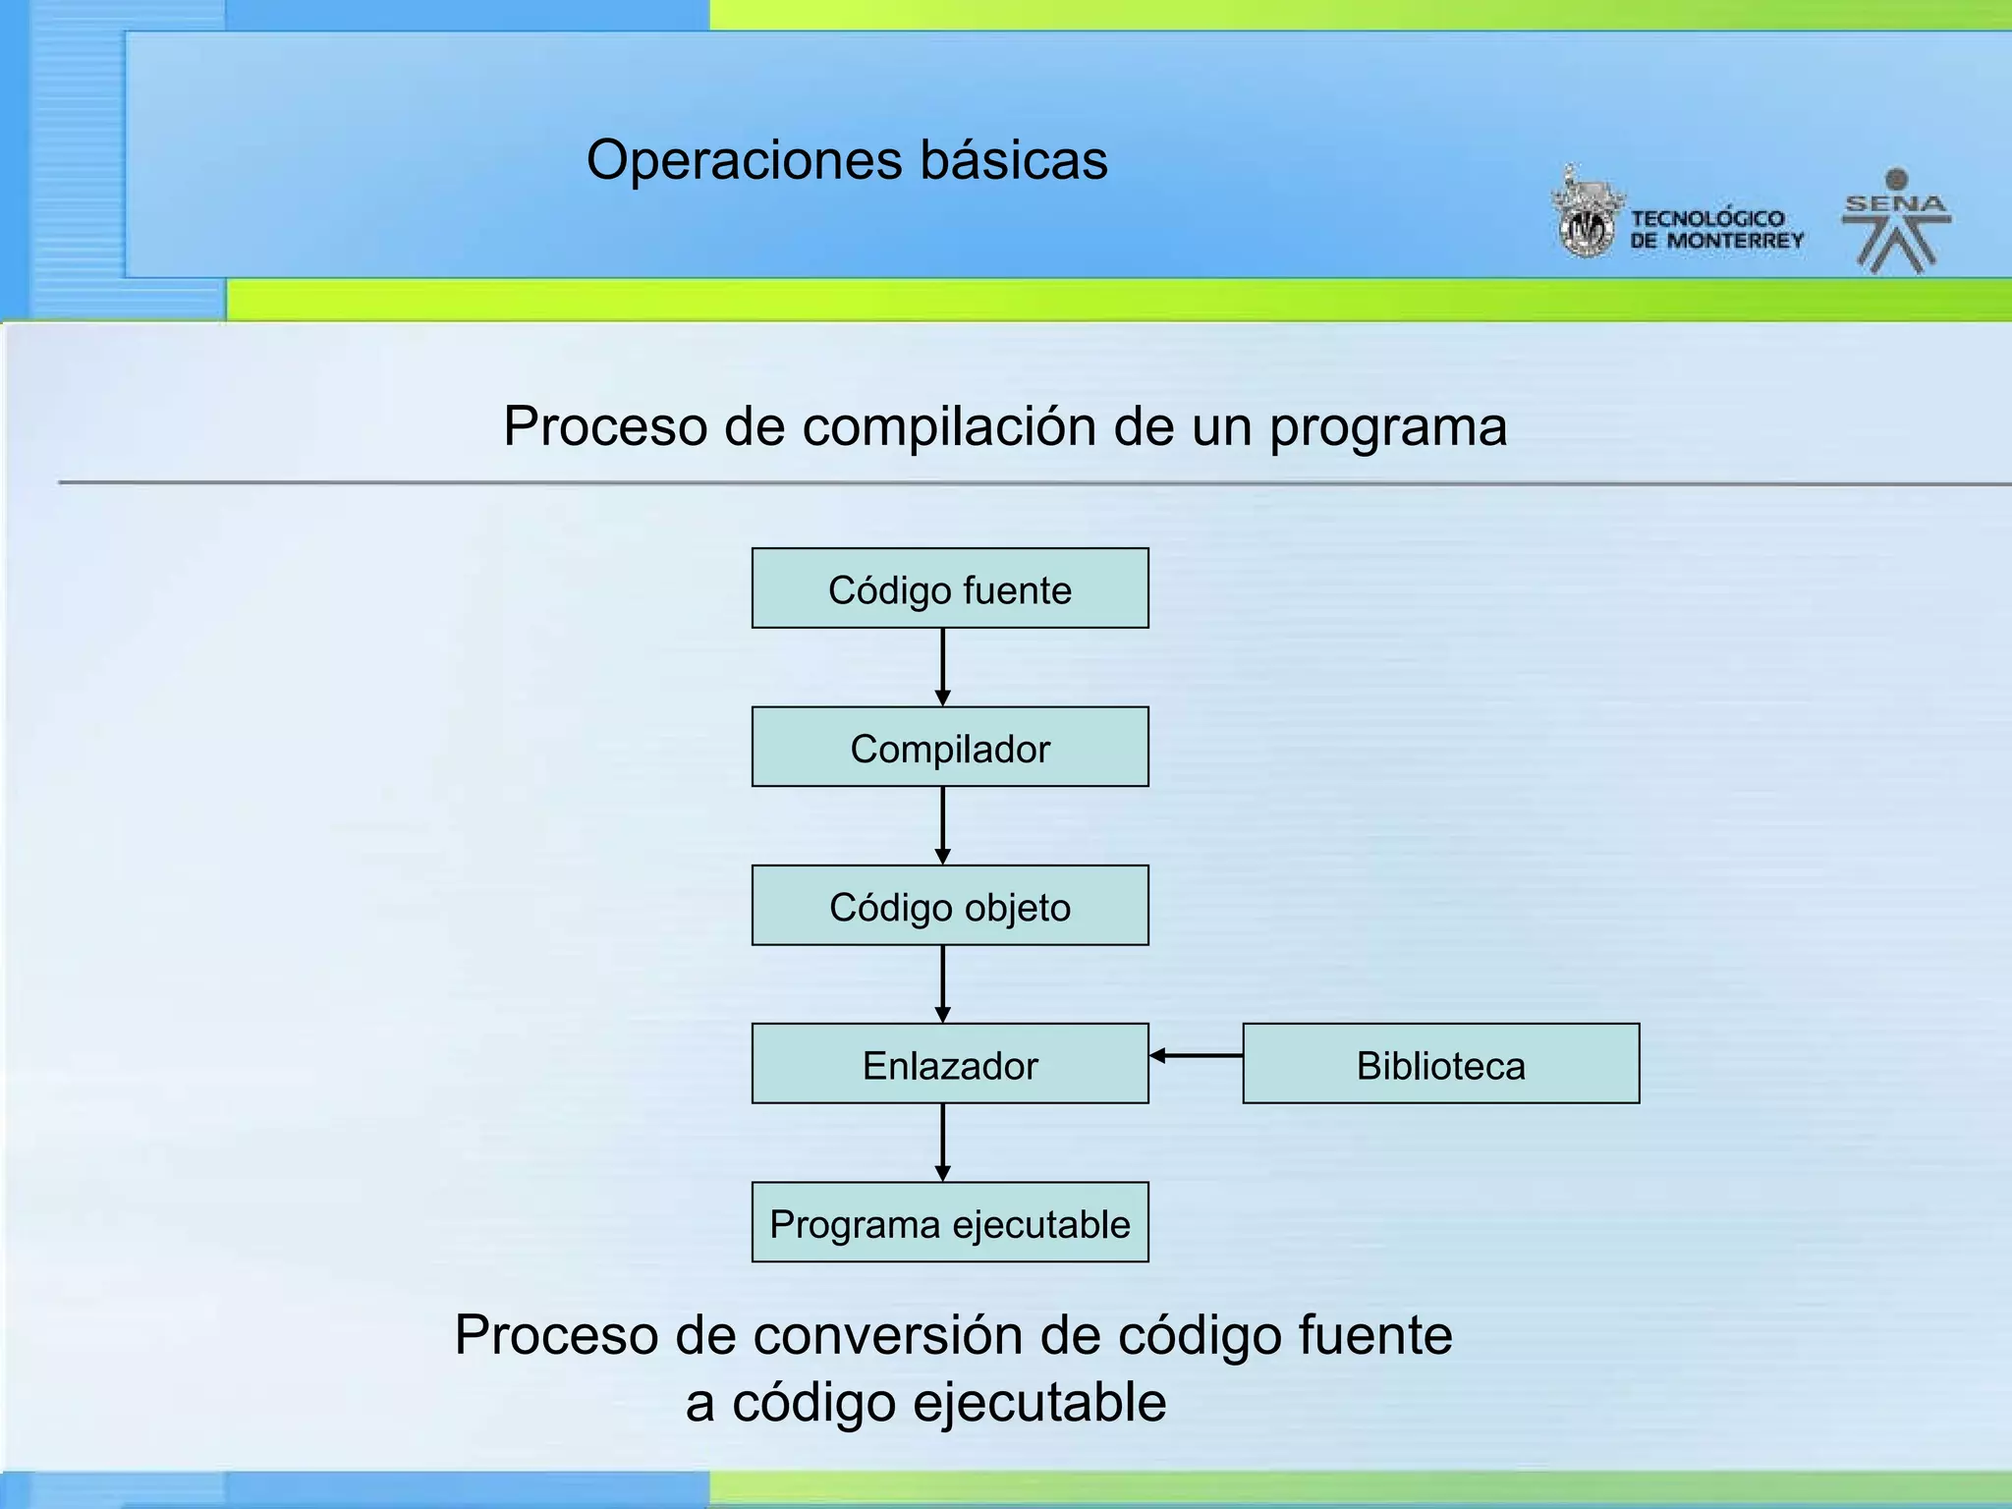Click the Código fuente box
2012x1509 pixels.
[x=949, y=588]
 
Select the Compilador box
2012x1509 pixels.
[x=949, y=747]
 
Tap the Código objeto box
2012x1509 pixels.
[x=949, y=905]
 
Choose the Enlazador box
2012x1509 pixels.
[x=949, y=1064]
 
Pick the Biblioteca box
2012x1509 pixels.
[x=1440, y=1064]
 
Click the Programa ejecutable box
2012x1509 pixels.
[x=949, y=1222]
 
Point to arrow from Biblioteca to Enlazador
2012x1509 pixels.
[x=1196, y=1056]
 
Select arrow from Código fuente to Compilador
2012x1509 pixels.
[x=942, y=667]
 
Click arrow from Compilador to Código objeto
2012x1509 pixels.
[x=942, y=825]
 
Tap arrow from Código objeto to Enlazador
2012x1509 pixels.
[x=942, y=983]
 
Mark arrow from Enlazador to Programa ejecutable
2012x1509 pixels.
[x=942, y=1143]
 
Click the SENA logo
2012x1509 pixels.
[x=1895, y=222]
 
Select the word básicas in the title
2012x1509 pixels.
[x=1013, y=160]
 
